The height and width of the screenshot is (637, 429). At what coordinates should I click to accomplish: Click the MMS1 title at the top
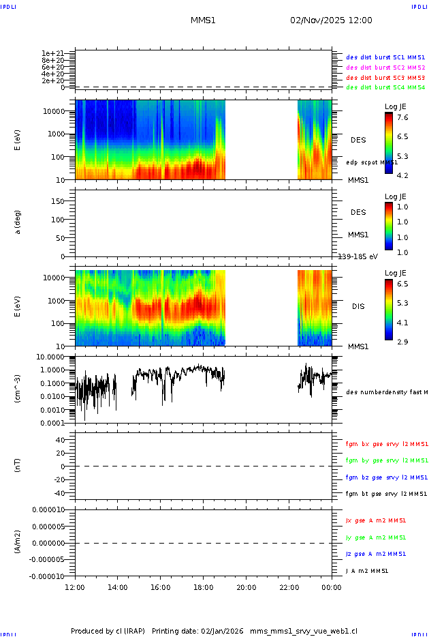[203, 20]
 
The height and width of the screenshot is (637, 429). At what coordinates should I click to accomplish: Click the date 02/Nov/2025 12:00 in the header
[331, 20]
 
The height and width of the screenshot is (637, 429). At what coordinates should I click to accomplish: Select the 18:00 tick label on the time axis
[203, 587]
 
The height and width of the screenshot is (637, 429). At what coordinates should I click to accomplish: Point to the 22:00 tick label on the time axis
[289, 587]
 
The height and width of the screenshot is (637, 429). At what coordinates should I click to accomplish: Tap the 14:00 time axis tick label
[118, 587]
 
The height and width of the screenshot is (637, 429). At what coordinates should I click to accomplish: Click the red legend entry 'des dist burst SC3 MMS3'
[385, 78]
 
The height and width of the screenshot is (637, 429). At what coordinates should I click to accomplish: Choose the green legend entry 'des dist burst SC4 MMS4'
[385, 87]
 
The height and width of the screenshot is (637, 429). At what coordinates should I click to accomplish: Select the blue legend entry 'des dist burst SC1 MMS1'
[385, 58]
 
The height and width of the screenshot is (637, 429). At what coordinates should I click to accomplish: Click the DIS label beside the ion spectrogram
[358, 306]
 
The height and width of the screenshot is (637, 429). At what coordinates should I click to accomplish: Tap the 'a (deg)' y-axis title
[18, 222]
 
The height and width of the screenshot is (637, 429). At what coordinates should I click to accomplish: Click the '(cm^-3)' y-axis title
[18, 389]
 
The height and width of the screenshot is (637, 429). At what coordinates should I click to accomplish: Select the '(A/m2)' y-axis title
[18, 542]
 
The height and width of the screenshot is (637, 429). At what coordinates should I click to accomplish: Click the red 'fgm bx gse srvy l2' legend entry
[386, 444]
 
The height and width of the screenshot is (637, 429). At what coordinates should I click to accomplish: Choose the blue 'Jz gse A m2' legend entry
[377, 554]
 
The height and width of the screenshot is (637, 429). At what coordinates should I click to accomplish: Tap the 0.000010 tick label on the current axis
[48, 509]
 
